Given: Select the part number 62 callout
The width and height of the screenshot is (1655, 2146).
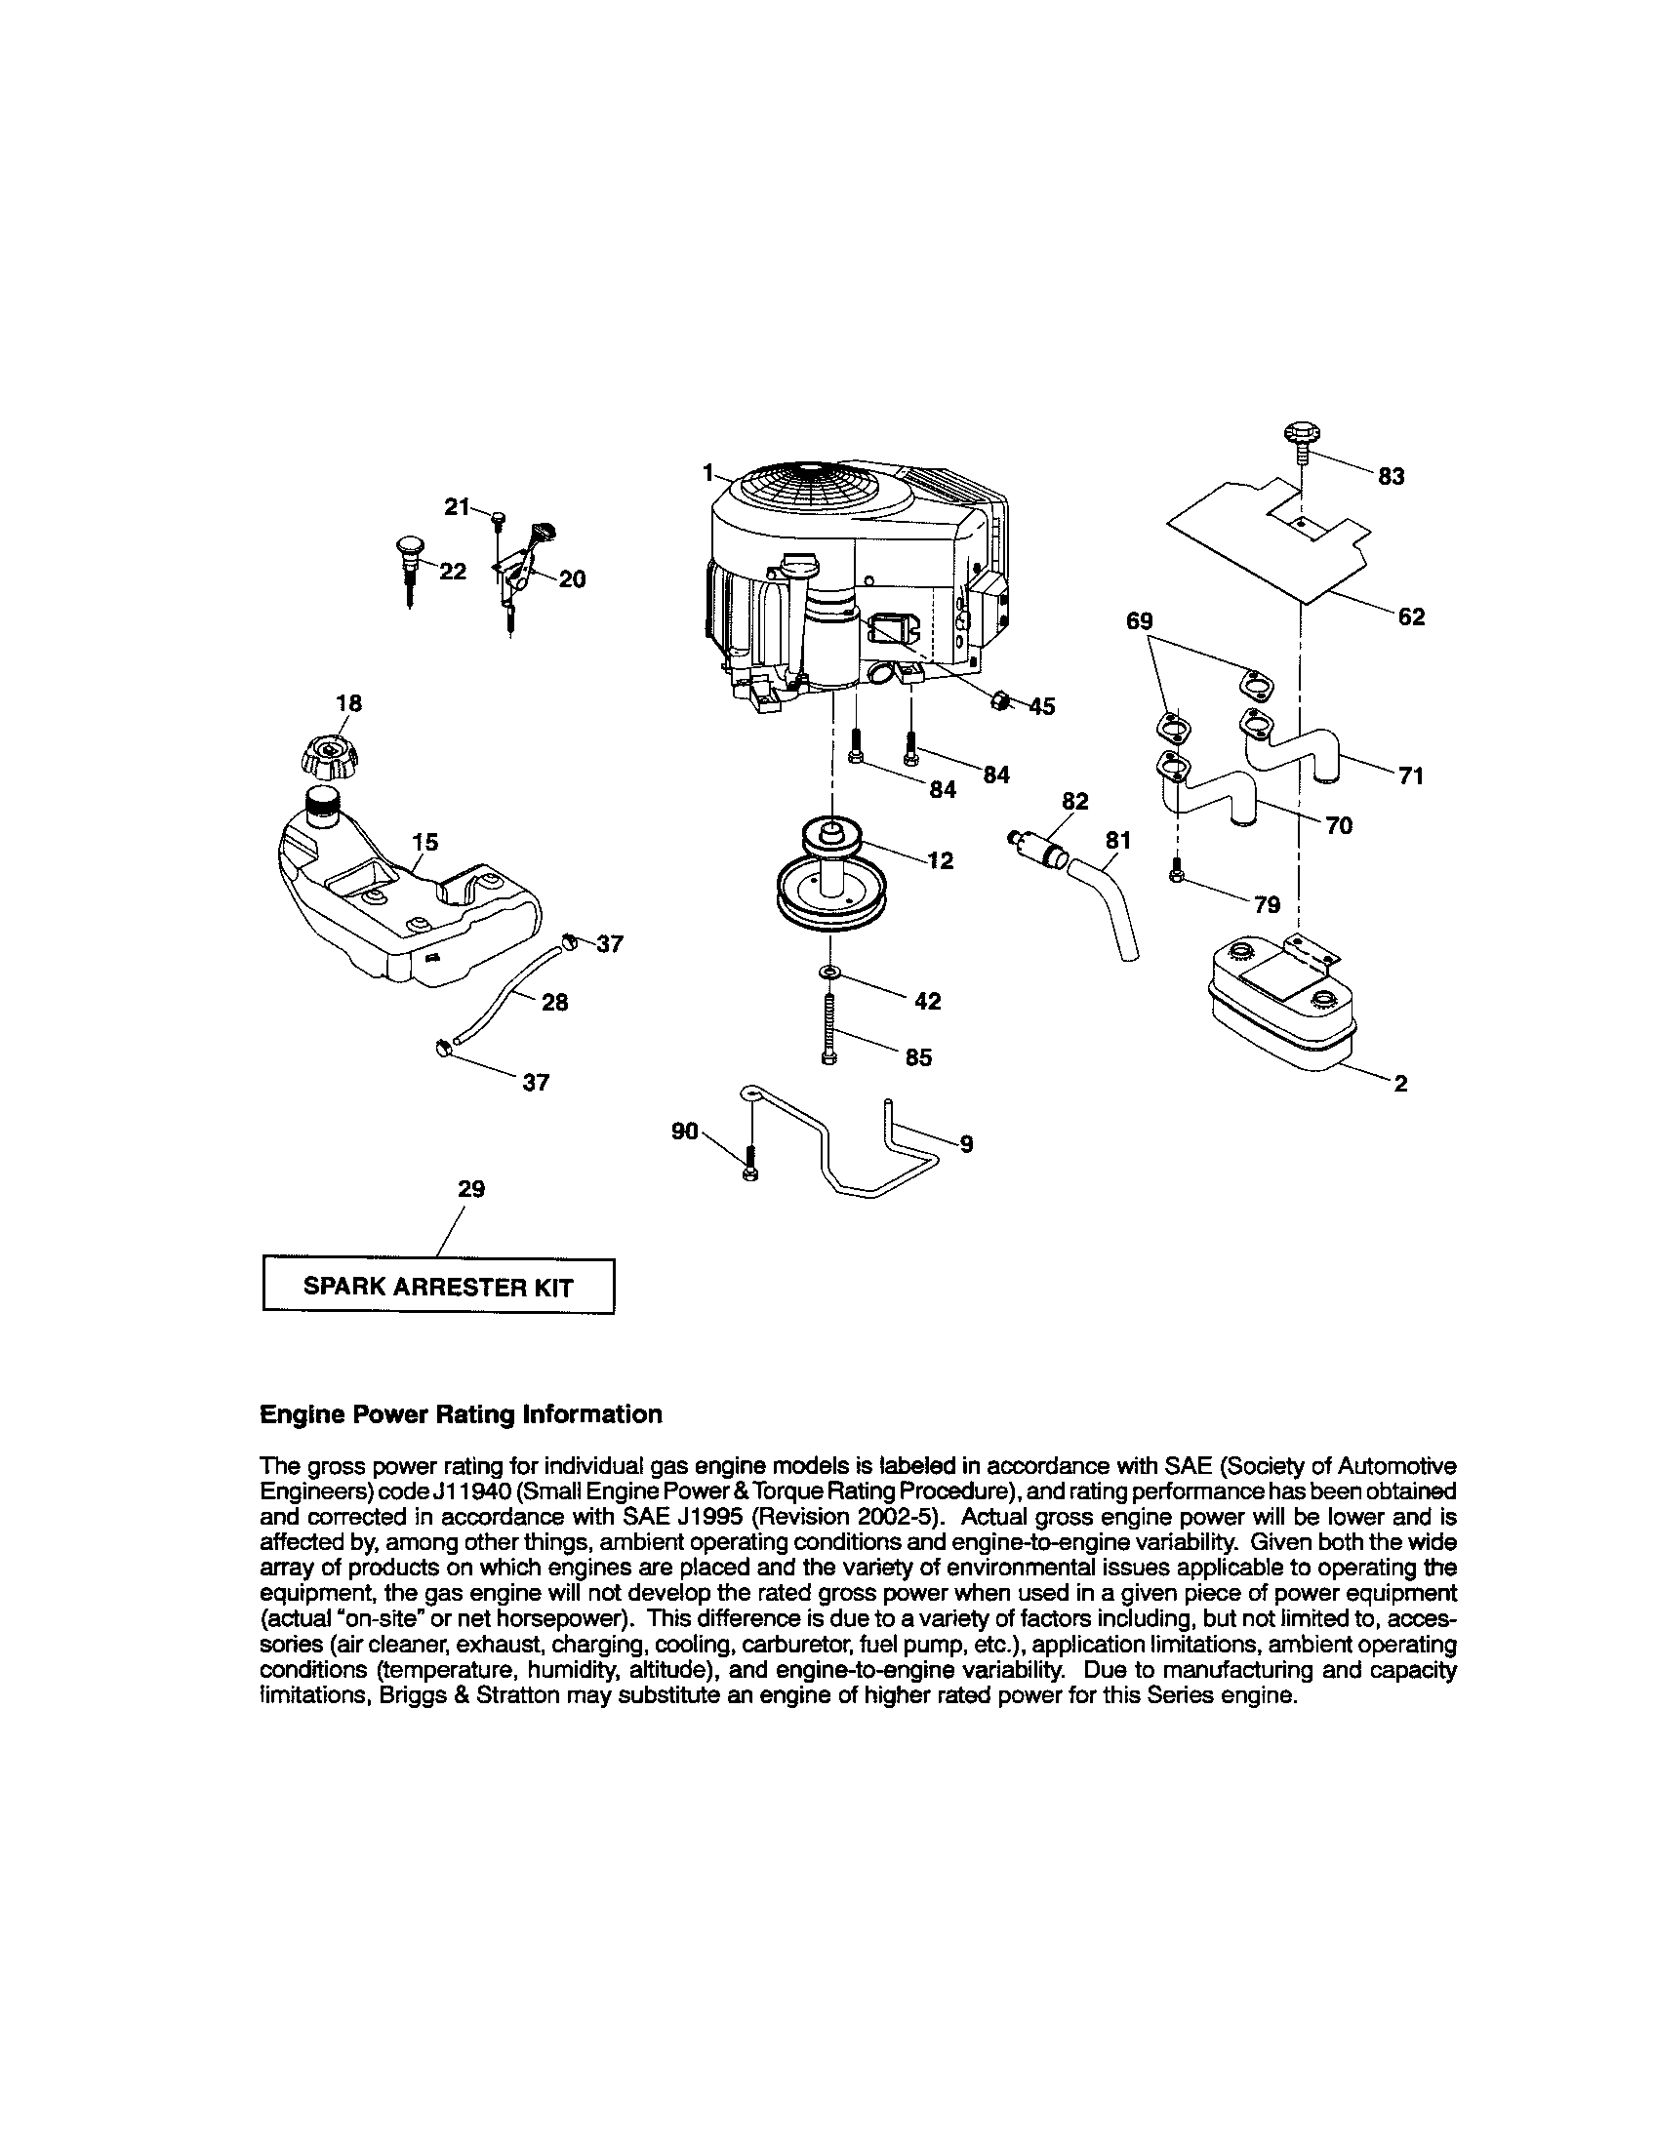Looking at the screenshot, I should coord(1411,617).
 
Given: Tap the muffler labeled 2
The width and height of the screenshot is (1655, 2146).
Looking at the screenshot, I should coord(1278,1003).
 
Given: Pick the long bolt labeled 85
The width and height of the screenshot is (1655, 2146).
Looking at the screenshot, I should coord(829,1027).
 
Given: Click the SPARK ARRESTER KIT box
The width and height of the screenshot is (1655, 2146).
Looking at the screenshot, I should coord(438,1287).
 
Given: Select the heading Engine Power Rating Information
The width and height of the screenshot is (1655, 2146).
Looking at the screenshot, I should coord(460,1414).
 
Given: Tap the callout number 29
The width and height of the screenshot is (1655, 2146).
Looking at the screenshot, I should coord(471,1189).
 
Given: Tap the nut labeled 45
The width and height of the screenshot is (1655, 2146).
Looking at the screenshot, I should coord(999,702).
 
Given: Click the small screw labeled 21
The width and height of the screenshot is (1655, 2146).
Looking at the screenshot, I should coord(499,516).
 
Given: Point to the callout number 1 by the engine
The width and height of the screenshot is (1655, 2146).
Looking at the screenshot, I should coord(706,473).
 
